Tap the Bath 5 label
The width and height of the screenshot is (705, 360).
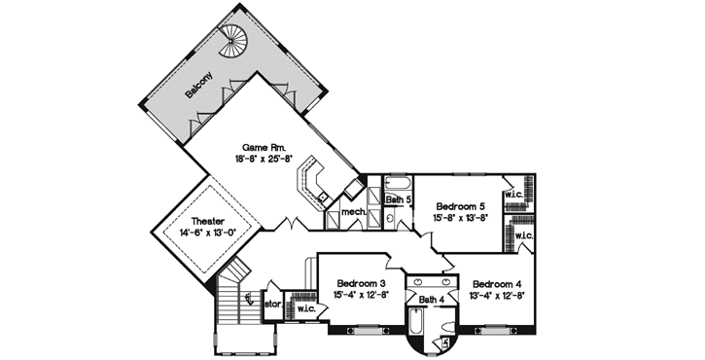(x=399, y=200)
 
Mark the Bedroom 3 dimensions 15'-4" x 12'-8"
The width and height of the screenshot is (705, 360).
(x=362, y=293)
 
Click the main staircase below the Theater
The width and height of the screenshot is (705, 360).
(x=230, y=297)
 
